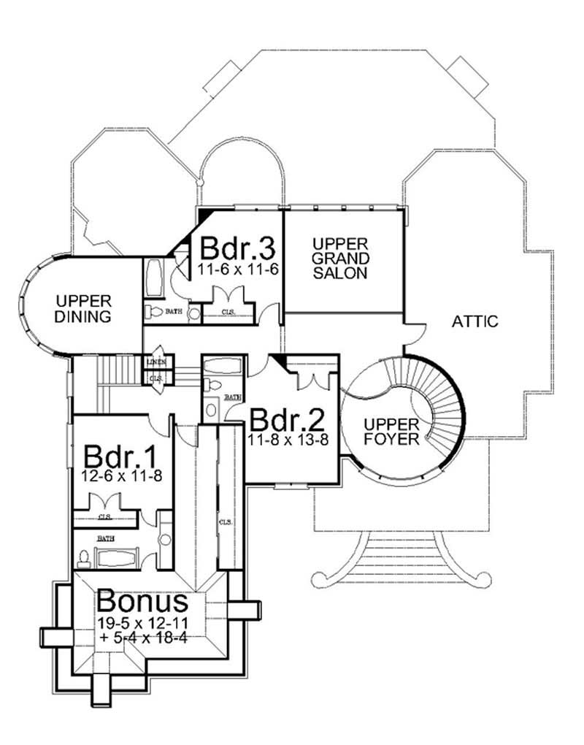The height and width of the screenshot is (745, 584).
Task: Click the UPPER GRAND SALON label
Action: click(x=339, y=258)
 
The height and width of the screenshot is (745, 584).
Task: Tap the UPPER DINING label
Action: click(x=84, y=308)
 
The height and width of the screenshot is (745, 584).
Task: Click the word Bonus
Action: click(x=143, y=602)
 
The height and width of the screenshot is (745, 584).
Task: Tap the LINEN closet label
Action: click(x=155, y=362)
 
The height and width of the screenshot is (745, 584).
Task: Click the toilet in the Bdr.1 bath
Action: click(x=83, y=558)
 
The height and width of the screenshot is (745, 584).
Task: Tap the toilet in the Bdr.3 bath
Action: click(x=154, y=313)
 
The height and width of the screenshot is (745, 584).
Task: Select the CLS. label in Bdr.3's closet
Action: click(x=229, y=315)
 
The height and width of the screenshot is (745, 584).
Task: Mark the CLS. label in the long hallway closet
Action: click(x=225, y=522)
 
